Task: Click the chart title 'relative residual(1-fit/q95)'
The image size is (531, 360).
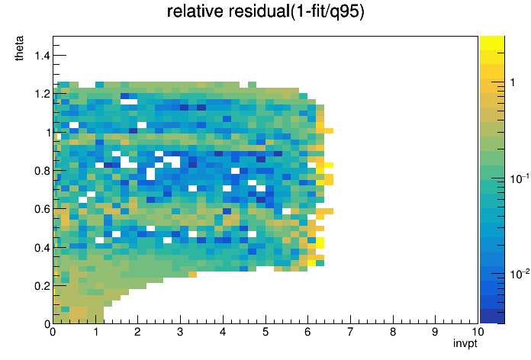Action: pyautogui.click(x=265, y=11)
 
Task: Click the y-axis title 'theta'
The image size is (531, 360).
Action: pyautogui.click(x=19, y=48)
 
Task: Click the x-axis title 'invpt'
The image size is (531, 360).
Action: pyautogui.click(x=465, y=343)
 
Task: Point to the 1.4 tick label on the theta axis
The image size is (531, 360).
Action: pyautogui.click(x=42, y=55)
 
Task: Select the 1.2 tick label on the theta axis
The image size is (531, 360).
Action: pyautogui.click(x=42, y=94)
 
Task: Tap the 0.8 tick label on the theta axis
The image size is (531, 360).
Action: pyautogui.click(x=42, y=171)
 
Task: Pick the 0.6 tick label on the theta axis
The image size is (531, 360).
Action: pyautogui.click(x=42, y=209)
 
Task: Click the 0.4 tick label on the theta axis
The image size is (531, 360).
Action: pyautogui.click(x=42, y=248)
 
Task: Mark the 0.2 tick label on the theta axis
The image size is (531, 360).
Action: pyautogui.click(x=42, y=286)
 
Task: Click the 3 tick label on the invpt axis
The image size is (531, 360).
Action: pyautogui.click(x=180, y=332)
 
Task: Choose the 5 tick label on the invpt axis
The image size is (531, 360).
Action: pyautogui.click(x=265, y=332)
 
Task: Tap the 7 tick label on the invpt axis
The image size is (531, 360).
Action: pyautogui.click(x=350, y=332)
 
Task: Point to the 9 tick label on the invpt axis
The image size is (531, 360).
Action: pyautogui.click(x=435, y=332)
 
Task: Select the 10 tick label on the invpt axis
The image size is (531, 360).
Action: pyautogui.click(x=478, y=332)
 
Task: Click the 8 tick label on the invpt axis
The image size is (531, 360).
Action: pyautogui.click(x=393, y=332)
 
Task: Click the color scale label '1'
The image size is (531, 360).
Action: pyautogui.click(x=513, y=82)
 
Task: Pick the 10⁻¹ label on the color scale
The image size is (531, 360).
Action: pyautogui.click(x=520, y=178)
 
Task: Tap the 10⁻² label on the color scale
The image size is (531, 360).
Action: pyautogui.click(x=520, y=274)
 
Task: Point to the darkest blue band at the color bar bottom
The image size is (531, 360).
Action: pyautogui.click(x=492, y=317)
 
